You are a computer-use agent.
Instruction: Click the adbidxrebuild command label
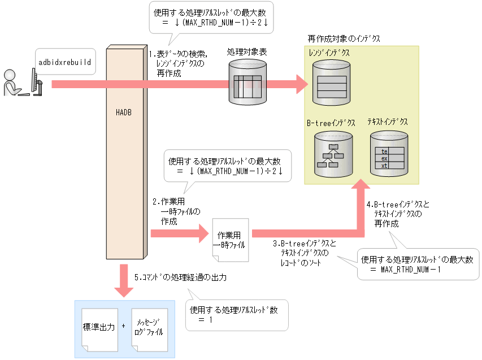pyautogui.click(x=64, y=59)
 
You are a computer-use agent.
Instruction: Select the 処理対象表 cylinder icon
pyautogui.click(x=247, y=82)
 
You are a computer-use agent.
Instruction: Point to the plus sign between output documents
pyautogui.click(x=123, y=327)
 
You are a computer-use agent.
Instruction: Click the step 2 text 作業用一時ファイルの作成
pyautogui.click(x=173, y=211)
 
